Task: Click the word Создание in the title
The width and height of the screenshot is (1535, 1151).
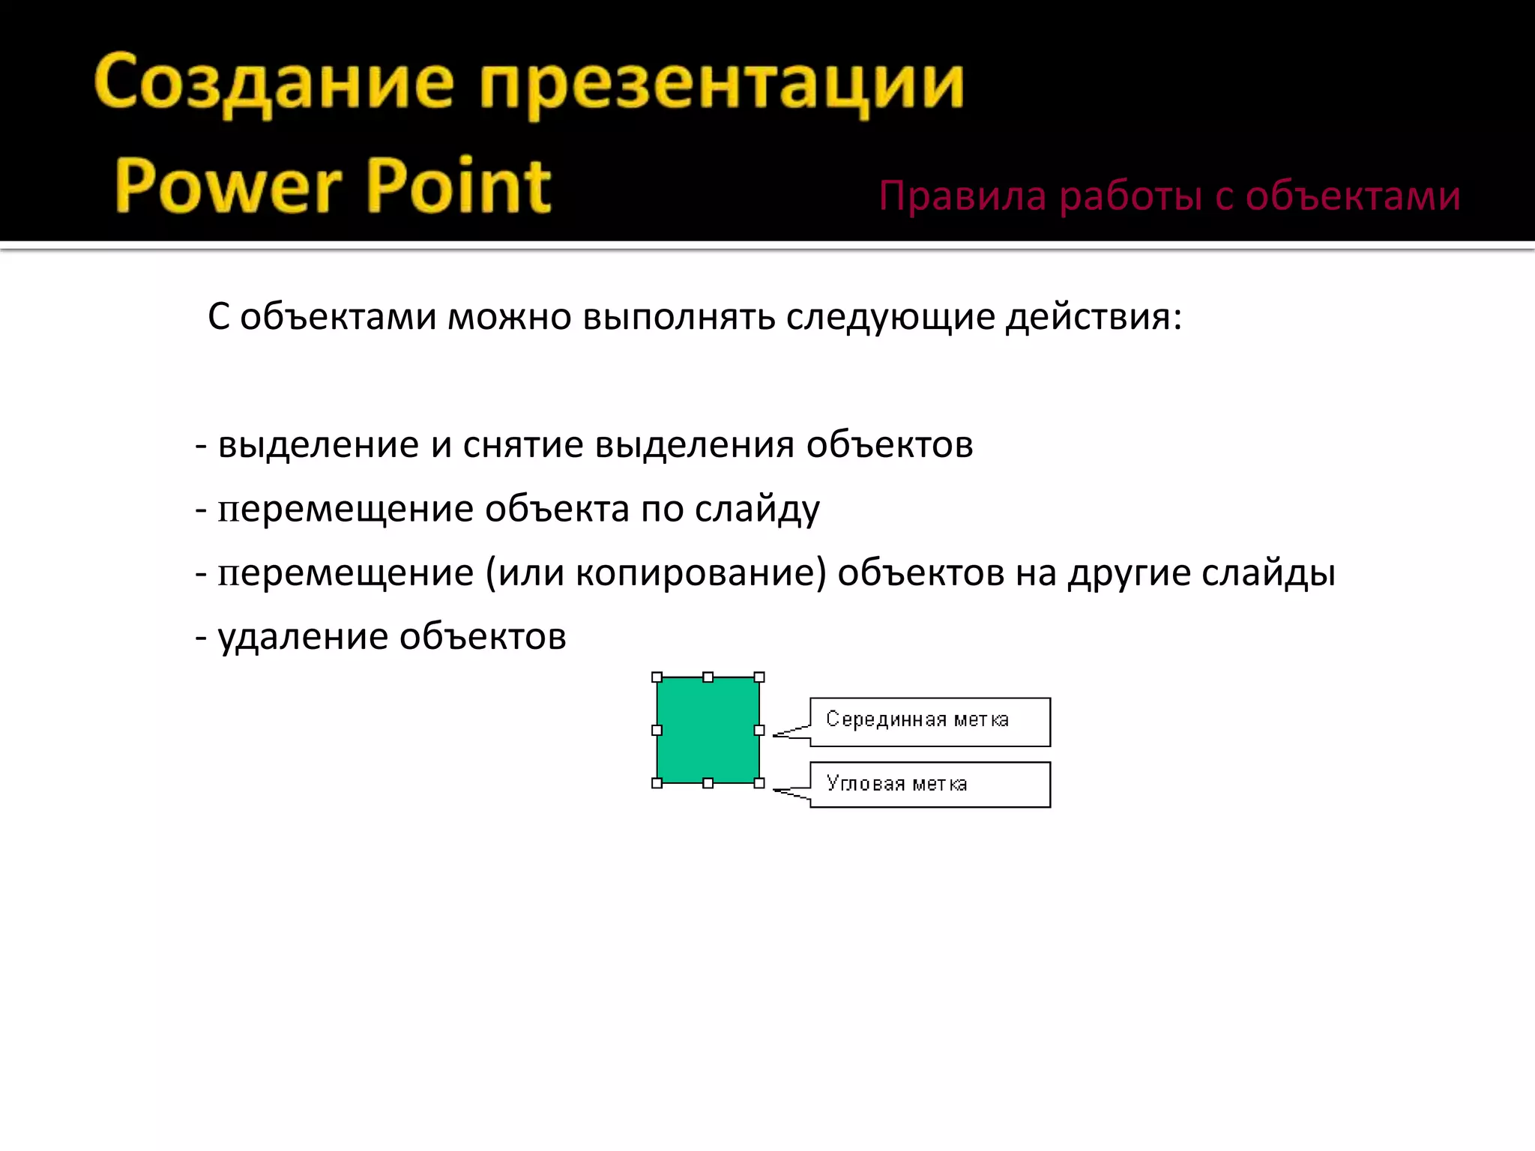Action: click(274, 84)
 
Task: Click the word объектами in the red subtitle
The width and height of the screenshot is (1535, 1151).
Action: click(1352, 196)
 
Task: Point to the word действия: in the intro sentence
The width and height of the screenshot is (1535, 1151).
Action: click(1094, 317)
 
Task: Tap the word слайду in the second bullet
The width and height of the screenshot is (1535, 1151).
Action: click(757, 510)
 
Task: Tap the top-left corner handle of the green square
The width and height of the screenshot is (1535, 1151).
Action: click(657, 677)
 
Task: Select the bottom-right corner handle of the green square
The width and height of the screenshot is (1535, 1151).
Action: click(759, 783)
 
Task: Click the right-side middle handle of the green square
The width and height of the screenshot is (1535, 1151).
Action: click(759, 730)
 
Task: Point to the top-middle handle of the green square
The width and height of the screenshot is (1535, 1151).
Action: click(708, 677)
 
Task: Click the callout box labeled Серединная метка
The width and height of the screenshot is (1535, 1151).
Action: click(929, 722)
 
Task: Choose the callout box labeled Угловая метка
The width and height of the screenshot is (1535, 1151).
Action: click(929, 785)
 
